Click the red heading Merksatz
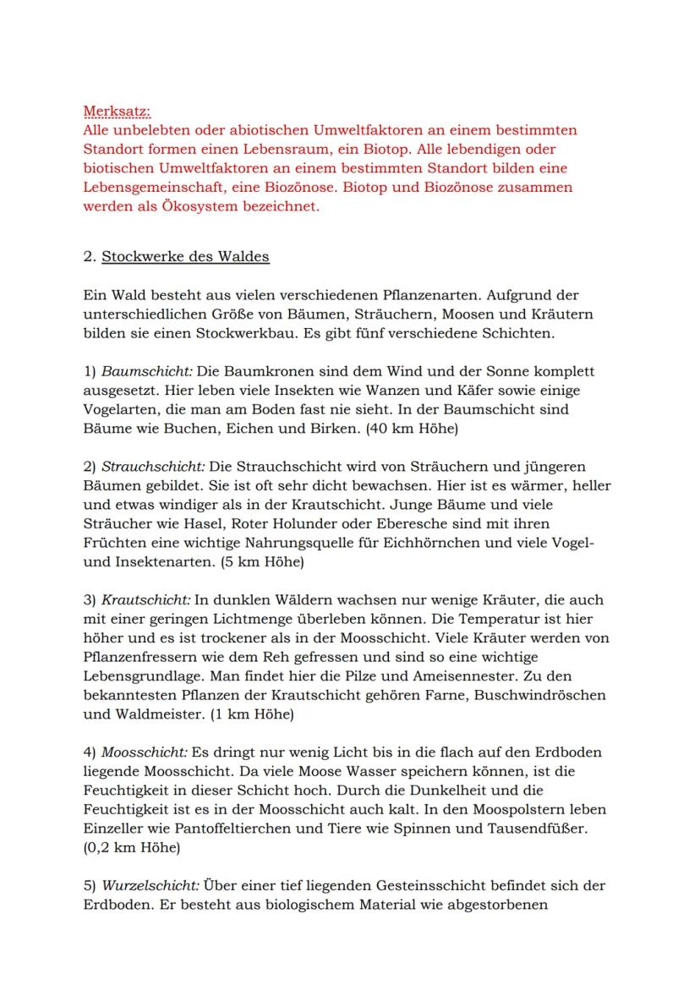pos(117,112)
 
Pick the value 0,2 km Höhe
pos(131,847)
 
